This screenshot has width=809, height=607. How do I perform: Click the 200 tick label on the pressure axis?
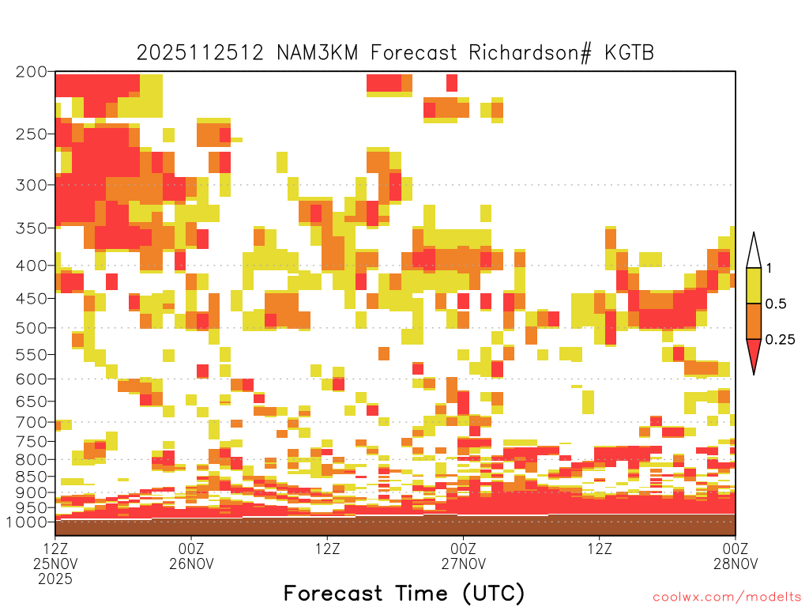[31, 71]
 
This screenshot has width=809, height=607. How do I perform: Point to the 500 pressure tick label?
[31, 328]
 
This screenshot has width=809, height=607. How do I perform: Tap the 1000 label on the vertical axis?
[27, 522]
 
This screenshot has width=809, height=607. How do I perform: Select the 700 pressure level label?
[31, 422]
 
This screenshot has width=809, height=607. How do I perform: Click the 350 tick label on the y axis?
[31, 228]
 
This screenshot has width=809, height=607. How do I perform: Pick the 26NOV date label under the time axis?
[191, 563]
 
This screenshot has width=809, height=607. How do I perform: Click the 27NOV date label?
[463, 563]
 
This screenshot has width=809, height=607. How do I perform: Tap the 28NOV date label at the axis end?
[736, 563]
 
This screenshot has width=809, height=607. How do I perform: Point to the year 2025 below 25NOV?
[55, 579]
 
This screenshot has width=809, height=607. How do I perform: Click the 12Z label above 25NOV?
[55, 548]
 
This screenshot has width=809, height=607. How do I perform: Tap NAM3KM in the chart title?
[318, 53]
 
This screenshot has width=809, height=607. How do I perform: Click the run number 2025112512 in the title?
[200, 53]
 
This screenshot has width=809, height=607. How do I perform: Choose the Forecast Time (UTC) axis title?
[404, 593]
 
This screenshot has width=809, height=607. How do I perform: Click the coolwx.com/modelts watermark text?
[728, 597]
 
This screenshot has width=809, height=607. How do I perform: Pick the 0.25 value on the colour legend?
[780, 340]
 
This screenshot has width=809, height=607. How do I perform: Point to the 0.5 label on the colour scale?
[776, 304]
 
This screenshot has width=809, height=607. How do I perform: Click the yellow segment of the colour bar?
[754, 285]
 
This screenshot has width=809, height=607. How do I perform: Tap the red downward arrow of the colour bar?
[754, 353]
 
